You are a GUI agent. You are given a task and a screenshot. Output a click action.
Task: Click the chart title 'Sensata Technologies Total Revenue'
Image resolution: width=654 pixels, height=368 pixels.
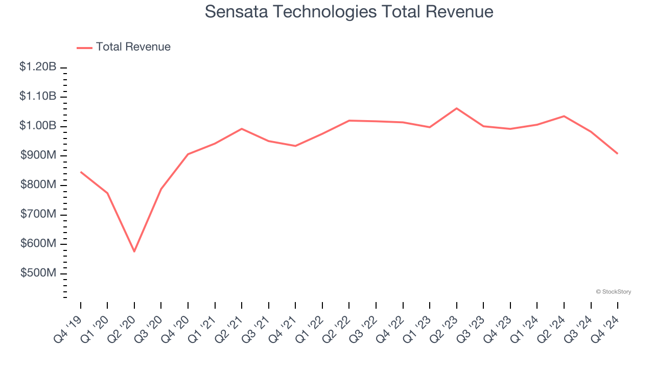click(x=349, y=12)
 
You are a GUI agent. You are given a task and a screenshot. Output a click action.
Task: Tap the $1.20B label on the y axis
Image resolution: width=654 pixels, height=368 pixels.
click(x=38, y=67)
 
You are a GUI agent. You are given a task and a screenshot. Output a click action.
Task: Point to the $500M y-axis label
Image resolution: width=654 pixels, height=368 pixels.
click(x=38, y=273)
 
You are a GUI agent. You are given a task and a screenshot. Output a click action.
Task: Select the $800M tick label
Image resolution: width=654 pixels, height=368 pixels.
click(x=38, y=185)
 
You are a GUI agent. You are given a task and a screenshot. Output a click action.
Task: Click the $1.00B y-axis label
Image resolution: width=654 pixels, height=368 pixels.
click(x=38, y=126)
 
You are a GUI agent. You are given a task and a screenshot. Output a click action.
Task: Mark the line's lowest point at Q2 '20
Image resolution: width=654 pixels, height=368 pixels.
click(x=134, y=251)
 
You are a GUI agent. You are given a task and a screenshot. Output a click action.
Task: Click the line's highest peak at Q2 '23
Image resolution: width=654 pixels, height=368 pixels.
click(x=456, y=108)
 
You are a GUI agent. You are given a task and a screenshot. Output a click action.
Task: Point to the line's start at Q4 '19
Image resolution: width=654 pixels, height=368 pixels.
click(x=81, y=172)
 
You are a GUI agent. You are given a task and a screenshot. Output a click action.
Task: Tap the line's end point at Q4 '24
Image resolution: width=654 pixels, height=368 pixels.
click(x=617, y=153)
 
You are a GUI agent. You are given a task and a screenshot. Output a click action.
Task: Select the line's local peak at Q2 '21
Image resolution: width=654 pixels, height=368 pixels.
click(x=242, y=129)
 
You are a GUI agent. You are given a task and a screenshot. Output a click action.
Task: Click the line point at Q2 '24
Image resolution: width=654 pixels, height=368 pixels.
click(x=564, y=116)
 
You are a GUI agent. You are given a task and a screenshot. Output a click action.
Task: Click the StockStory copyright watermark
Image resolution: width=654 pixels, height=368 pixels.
click(x=613, y=292)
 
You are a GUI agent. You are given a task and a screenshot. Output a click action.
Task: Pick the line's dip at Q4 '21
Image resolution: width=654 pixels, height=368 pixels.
click(x=295, y=146)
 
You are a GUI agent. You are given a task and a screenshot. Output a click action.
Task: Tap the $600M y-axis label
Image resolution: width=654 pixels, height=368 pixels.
click(x=38, y=244)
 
